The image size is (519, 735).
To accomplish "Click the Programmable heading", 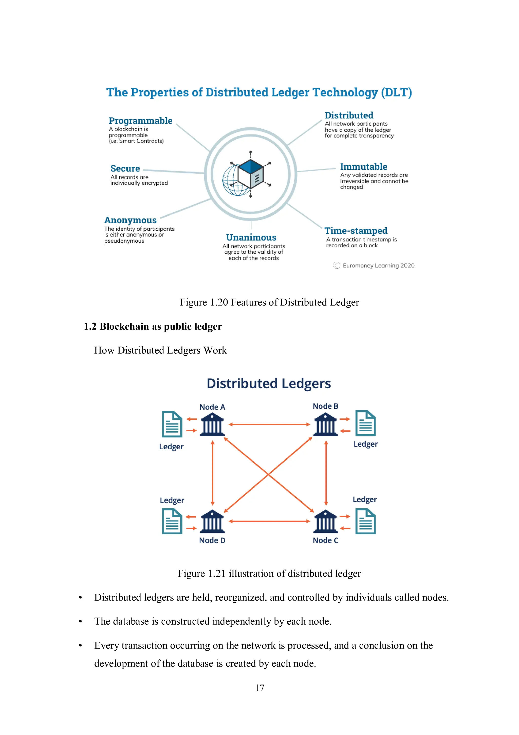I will [140, 121].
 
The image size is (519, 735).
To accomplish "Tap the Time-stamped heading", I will [356, 231].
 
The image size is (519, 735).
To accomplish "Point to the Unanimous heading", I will [251, 237].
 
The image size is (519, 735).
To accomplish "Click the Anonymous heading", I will [131, 220].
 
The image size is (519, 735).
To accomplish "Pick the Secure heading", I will [125, 169].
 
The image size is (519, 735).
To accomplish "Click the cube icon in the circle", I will [250, 174].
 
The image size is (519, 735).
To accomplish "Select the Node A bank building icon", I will [212, 424].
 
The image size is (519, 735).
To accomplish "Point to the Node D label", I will [212, 540].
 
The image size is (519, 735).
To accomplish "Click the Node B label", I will [325, 406].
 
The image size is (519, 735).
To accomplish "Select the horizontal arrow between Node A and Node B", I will [269, 424].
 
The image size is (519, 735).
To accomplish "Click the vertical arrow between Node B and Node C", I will [326, 473].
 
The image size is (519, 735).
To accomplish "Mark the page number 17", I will [259, 688].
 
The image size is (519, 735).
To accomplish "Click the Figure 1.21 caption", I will [269, 573].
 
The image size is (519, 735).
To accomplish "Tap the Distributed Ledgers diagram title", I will [269, 384].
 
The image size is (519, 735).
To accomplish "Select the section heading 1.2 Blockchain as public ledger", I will [153, 327].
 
